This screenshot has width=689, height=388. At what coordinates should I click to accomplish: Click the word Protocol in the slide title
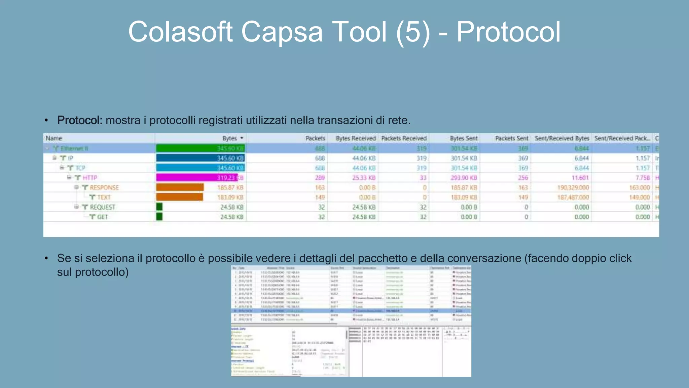coord(508,32)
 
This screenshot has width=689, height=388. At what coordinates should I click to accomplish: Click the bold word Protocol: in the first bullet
coord(79,120)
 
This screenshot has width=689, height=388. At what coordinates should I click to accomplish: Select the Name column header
coord(54,138)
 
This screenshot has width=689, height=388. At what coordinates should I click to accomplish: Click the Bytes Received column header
coord(356,138)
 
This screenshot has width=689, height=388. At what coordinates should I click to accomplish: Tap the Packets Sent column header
coord(511,138)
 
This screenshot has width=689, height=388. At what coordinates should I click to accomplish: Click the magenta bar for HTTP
coord(197,177)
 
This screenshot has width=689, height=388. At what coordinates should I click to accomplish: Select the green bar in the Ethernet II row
coord(200,148)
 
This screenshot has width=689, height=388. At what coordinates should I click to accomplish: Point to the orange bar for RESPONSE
coord(180,187)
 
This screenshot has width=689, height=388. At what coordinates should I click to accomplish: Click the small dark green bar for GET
coord(159,217)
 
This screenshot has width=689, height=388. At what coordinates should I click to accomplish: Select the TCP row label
coord(80,168)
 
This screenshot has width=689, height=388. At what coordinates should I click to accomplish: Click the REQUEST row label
coord(102,207)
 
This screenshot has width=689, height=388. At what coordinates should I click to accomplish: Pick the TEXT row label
coord(104,197)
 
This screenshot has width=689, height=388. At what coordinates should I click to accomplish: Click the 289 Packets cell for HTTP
coord(320,177)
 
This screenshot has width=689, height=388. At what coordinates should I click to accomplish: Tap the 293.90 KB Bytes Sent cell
coord(464,177)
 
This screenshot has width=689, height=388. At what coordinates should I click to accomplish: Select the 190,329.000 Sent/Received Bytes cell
coord(573,188)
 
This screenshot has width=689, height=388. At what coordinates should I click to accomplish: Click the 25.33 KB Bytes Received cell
coord(364,177)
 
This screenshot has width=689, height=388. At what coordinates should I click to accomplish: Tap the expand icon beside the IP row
coord(55,158)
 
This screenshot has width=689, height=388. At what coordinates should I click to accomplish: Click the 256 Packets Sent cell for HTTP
coord(523,177)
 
